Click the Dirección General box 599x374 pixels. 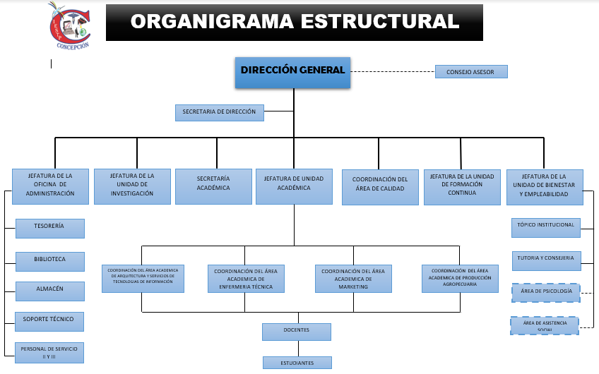coord(292,71)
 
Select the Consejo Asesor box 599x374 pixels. coord(470,71)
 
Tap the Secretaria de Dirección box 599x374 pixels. coord(220,112)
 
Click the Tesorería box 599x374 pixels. coord(50,228)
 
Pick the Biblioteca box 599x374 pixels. coord(50,260)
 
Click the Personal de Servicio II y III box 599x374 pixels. coord(50,351)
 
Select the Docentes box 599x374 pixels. coord(297,331)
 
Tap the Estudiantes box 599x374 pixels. coord(297,363)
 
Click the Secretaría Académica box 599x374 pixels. coord(213,186)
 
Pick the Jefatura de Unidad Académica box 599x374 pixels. coord(294,186)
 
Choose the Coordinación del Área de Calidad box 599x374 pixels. coord(380,186)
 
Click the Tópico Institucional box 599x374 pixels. coord(546,227)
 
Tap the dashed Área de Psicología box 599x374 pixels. coord(546,291)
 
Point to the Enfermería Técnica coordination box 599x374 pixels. coord(246,279)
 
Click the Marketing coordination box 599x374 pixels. coord(353,279)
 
